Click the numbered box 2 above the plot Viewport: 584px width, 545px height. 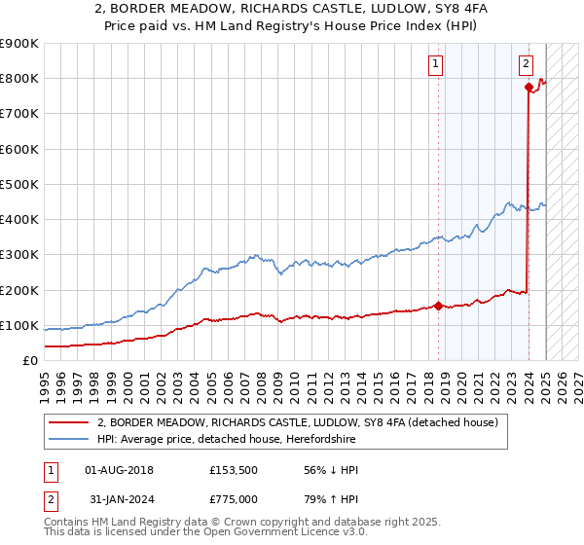[x=526, y=65]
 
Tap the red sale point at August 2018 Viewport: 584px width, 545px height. [x=438, y=306]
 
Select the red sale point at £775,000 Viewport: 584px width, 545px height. [x=529, y=88]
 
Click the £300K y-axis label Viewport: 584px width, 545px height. [x=21, y=255]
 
